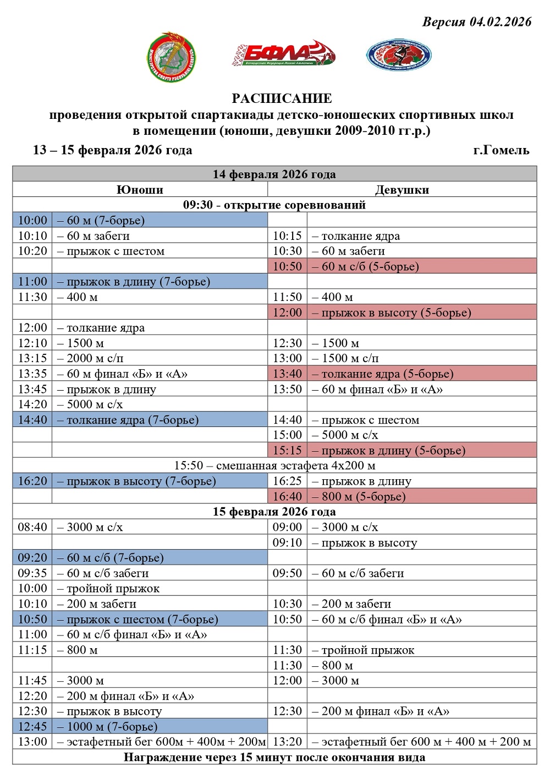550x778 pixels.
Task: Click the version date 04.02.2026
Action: pos(500,22)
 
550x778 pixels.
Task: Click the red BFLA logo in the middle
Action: pos(283,54)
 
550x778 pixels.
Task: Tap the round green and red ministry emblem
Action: pos(172,57)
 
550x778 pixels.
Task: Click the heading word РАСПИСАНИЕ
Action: pos(282,98)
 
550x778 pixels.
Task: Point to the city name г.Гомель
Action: pos(501,150)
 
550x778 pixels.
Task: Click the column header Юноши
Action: pos(140,190)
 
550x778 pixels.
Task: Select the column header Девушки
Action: pos(402,190)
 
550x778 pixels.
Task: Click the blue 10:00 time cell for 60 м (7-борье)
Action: pos(32,221)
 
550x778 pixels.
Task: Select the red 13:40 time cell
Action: pos(287,374)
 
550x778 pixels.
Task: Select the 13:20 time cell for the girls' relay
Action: pos(287,742)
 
